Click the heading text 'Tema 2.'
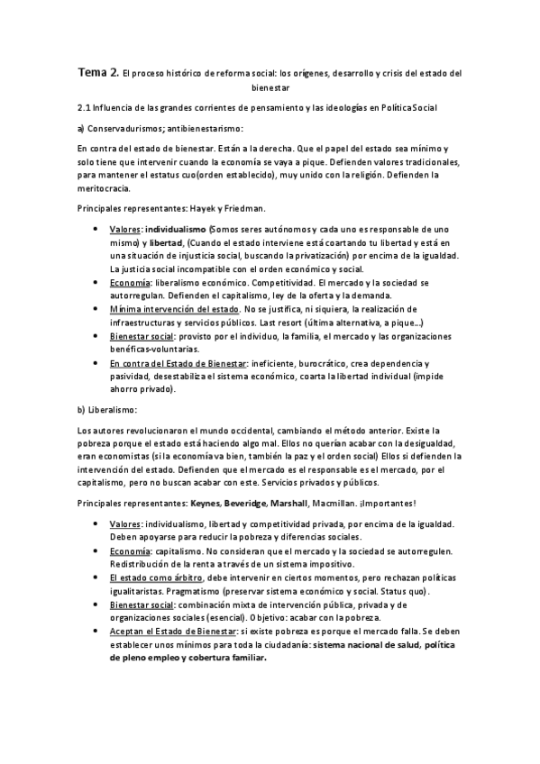click(x=97, y=72)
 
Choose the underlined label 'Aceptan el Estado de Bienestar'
click(x=174, y=633)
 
